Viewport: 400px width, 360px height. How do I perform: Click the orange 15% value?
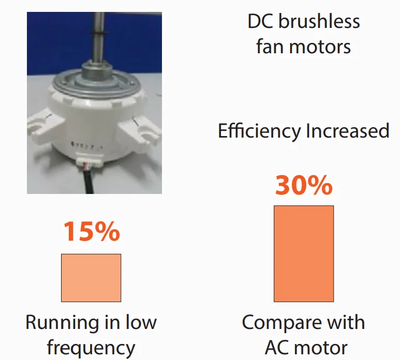tap(92, 232)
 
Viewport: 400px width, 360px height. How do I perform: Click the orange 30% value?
tap(304, 185)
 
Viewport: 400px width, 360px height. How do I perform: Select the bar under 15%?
tap(91, 278)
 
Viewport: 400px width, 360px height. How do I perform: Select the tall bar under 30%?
tap(304, 253)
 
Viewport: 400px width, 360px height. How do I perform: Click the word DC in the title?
tap(261, 22)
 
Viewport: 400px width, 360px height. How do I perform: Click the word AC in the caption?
tap(278, 348)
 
